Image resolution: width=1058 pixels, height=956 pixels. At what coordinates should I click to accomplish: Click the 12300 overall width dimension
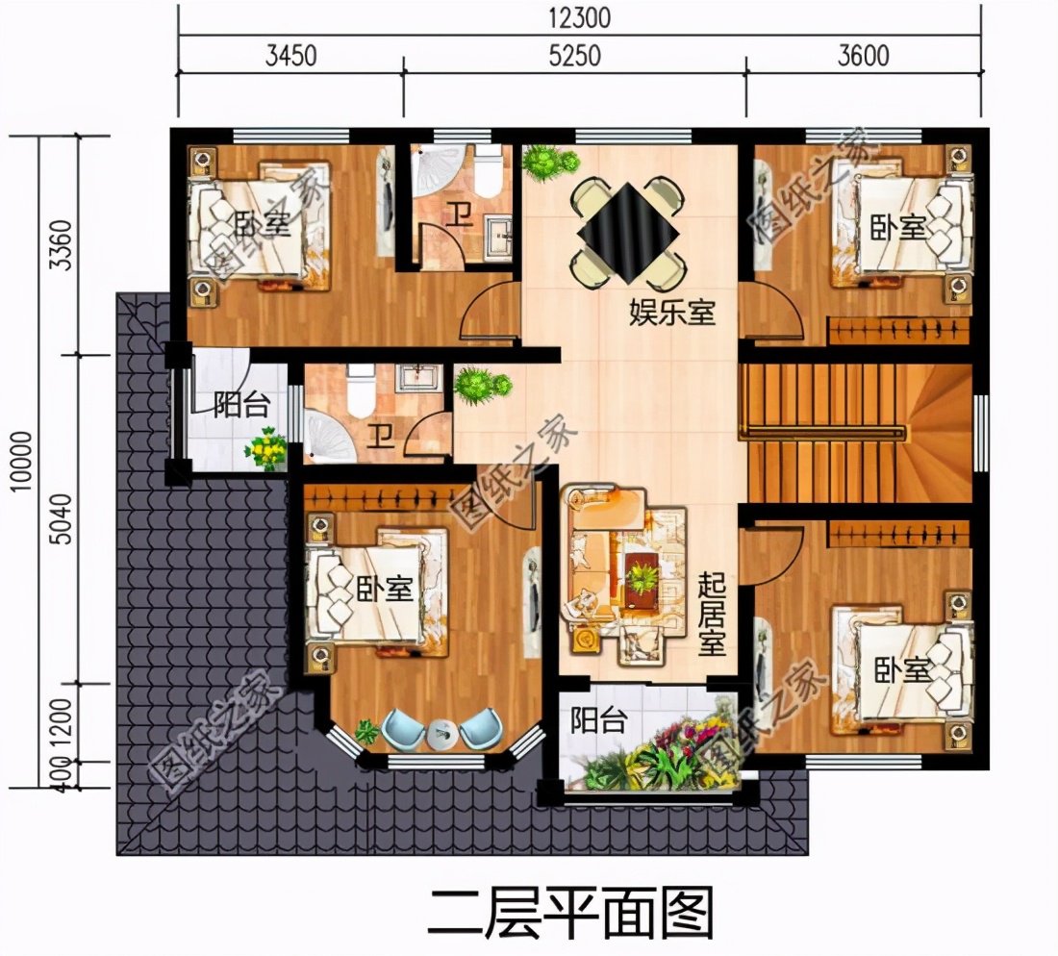579,18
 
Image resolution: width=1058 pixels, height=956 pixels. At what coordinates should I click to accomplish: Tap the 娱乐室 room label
672,312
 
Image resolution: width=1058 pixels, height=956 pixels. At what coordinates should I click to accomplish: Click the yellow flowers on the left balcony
266,449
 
